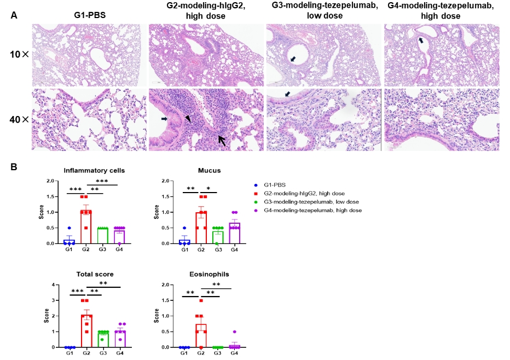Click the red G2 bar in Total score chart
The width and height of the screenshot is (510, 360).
[86, 331]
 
